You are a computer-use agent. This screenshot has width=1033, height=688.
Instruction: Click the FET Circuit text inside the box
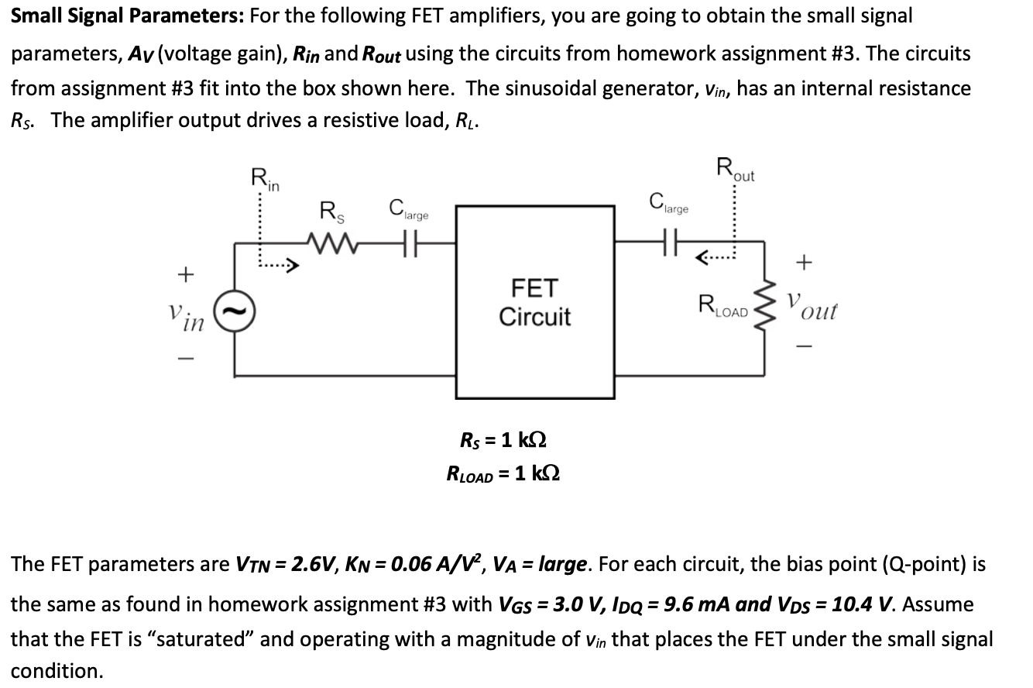(x=534, y=303)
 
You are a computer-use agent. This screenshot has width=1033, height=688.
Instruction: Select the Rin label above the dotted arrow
(x=266, y=180)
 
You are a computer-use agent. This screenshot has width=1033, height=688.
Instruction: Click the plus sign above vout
(x=805, y=263)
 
